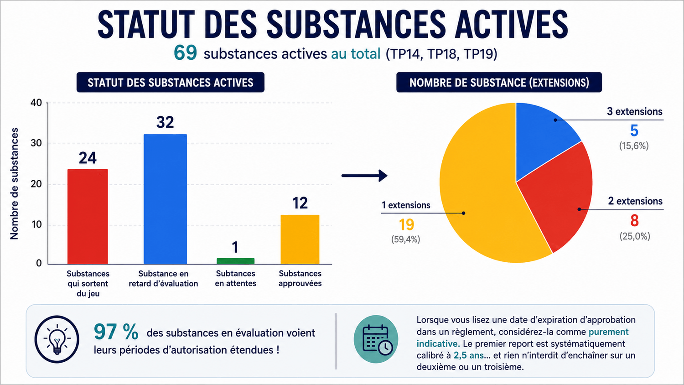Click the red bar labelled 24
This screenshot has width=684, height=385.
(x=88, y=216)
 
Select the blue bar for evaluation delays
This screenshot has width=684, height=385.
(x=165, y=199)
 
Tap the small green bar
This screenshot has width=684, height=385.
(x=235, y=261)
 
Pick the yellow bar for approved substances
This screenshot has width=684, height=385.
(x=300, y=239)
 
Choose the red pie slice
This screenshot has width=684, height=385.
(x=559, y=196)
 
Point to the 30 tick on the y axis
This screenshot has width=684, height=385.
(x=36, y=143)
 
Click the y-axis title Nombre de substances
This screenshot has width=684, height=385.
(x=14, y=183)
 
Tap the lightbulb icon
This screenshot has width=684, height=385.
(x=57, y=339)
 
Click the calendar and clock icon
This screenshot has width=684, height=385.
(x=376, y=339)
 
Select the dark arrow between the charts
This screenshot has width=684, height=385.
(x=364, y=175)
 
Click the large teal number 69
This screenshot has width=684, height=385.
(x=185, y=53)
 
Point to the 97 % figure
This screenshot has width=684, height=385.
(x=116, y=332)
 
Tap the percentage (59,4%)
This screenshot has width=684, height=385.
(x=405, y=239)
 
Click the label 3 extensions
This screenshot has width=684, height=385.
(x=635, y=111)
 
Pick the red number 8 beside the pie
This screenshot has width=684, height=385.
(x=635, y=221)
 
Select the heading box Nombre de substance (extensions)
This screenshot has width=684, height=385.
(x=499, y=82)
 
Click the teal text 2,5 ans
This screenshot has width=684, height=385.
(x=468, y=355)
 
